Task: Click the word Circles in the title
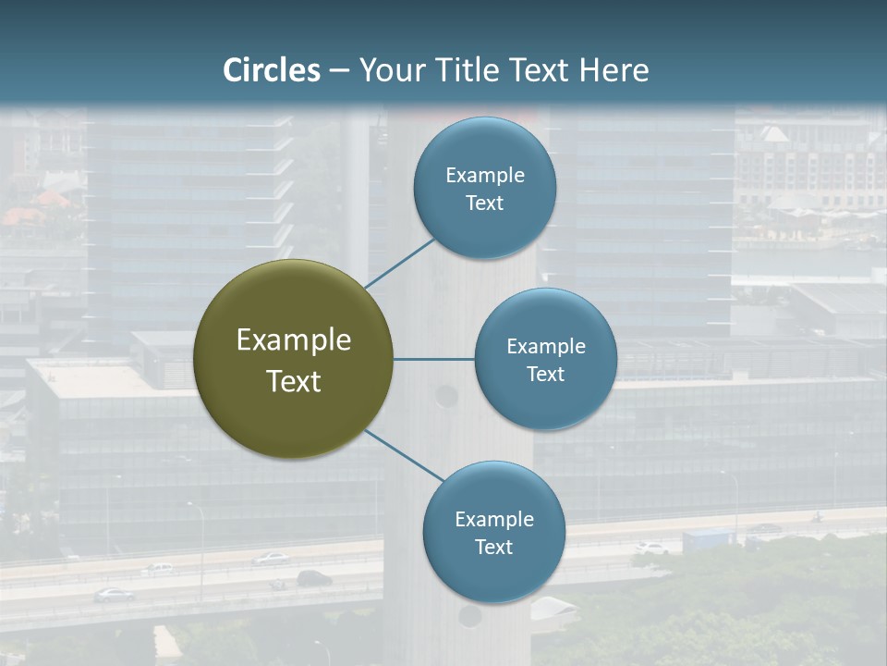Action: pos(272,70)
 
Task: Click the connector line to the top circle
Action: pos(400,264)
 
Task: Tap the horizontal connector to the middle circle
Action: pos(433,359)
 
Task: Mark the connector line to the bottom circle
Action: pos(405,455)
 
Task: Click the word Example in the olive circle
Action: pos(294,340)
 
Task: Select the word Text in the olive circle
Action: pos(294,381)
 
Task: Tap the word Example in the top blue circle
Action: pos(485,175)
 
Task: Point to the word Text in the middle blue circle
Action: pos(545,374)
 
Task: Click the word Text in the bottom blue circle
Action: pos(493,547)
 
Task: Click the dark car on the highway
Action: pos(314,578)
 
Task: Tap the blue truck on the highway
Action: pos(708,539)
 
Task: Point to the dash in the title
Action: pos(339,70)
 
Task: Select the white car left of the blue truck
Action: pos(651,548)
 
